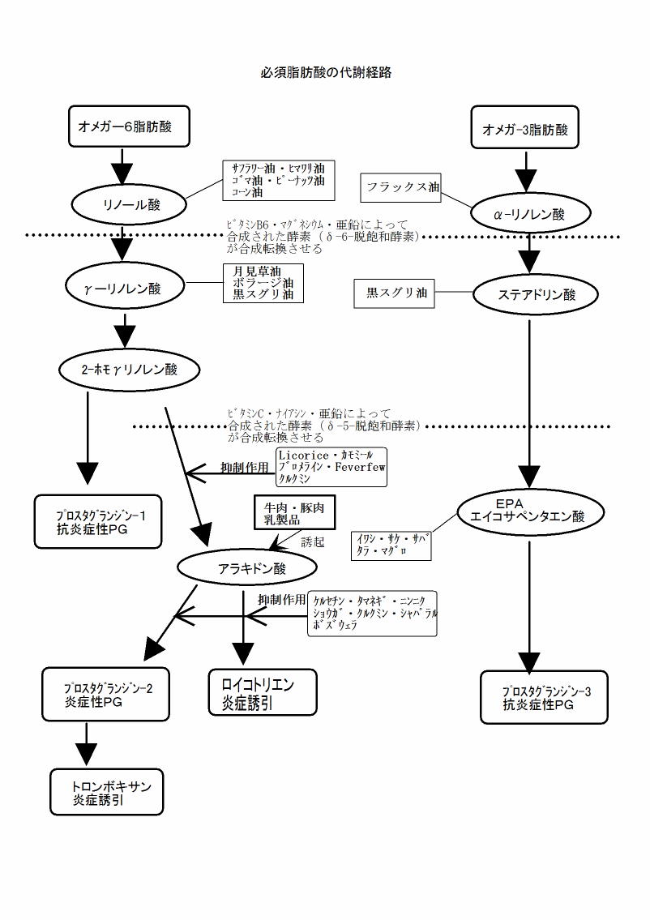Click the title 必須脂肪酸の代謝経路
click(326, 72)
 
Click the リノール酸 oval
click(131, 204)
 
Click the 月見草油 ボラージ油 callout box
click(263, 284)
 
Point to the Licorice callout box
click(331, 467)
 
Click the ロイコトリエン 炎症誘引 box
click(263, 692)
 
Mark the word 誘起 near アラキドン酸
click(312, 542)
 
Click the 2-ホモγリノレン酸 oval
click(130, 370)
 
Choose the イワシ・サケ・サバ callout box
click(391, 545)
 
